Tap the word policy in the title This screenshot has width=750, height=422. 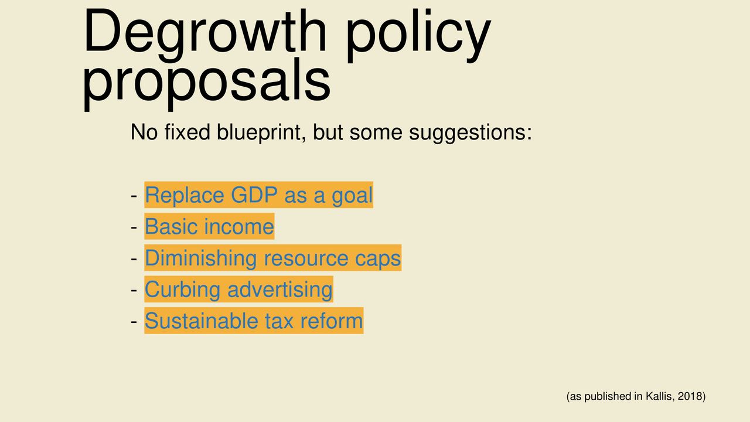(x=418, y=35)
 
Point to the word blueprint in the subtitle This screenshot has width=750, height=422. (x=261, y=132)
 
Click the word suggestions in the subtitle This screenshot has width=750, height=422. (x=471, y=132)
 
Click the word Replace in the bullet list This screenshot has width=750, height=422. (x=185, y=195)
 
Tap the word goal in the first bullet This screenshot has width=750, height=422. (x=352, y=196)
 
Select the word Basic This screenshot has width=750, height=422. (x=171, y=226)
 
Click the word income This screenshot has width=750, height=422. (x=239, y=226)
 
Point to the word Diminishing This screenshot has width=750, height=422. (x=201, y=258)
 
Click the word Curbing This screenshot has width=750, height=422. (x=182, y=290)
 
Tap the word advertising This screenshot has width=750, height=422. (x=280, y=290)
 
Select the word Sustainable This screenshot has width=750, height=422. (x=201, y=321)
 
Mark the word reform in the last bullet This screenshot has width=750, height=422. (x=332, y=321)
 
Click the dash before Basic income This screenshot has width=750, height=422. (x=134, y=227)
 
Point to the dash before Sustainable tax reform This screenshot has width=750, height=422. (x=134, y=322)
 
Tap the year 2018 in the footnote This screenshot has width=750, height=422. (x=690, y=396)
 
